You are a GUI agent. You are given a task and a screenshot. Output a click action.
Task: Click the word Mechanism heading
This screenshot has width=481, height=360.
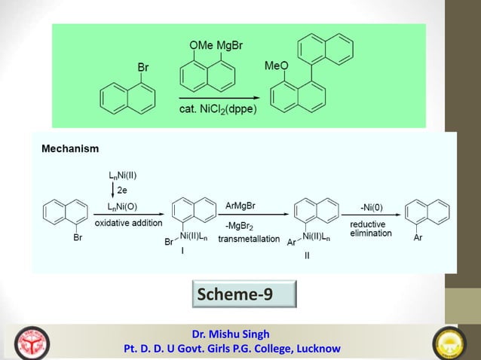point(69,149)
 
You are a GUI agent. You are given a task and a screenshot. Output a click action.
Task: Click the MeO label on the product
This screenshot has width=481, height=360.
point(276,67)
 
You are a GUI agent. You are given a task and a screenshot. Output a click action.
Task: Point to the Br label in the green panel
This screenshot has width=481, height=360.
point(142,68)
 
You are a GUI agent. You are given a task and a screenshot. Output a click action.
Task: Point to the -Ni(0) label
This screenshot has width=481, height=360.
point(370,206)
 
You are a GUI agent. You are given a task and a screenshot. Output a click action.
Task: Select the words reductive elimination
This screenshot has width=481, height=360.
point(370,229)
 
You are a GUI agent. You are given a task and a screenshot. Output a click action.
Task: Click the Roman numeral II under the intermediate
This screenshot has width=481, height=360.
point(307,255)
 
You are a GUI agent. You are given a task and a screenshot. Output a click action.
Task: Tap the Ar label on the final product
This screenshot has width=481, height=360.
point(419,237)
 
